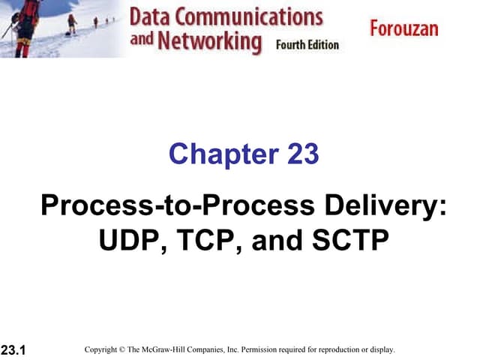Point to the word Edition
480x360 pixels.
coord(322,44)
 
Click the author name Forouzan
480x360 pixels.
coord(403,28)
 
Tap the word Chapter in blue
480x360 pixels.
coord(223,154)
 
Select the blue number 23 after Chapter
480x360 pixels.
coord(303,154)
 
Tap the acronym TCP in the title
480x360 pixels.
coord(205,241)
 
